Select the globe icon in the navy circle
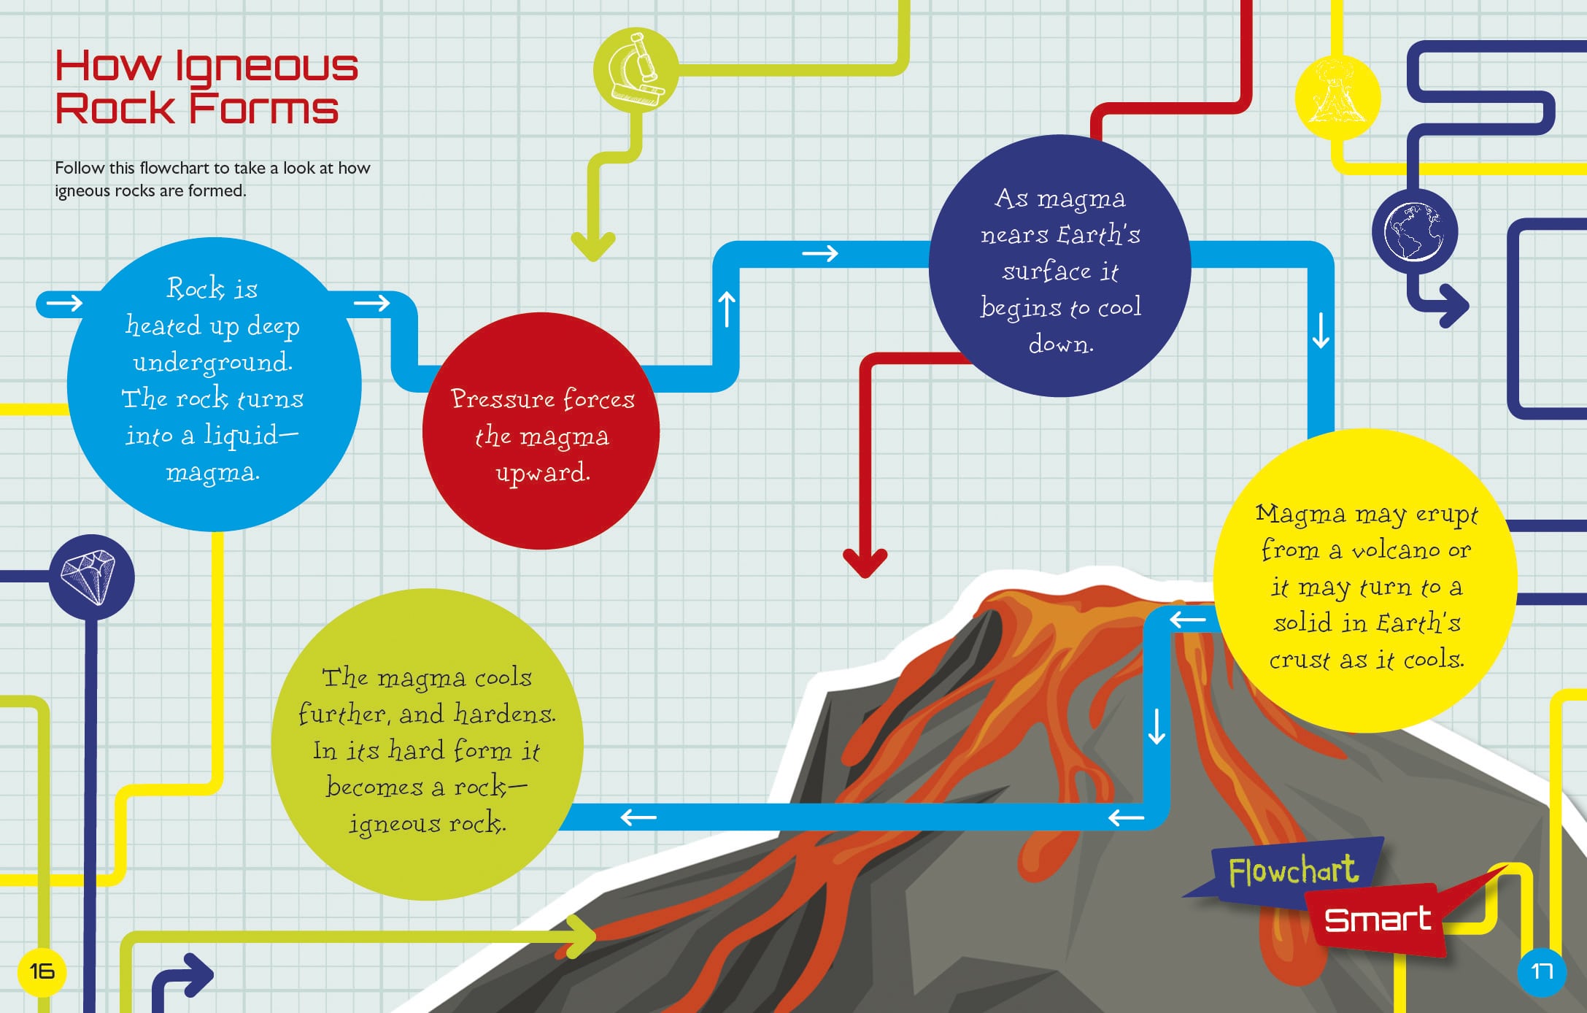1414,232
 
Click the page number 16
42,971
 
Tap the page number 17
1541,971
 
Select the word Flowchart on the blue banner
1292,871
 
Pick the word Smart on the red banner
1377,920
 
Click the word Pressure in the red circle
503,398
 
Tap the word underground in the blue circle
212,362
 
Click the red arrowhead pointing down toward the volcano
865,563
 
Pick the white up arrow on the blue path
727,309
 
